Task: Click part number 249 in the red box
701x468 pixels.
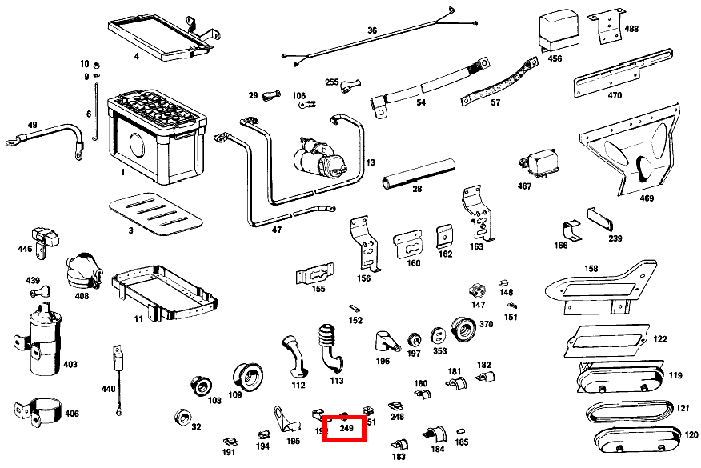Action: pyautogui.click(x=346, y=429)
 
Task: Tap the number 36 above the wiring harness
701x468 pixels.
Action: pyautogui.click(x=371, y=30)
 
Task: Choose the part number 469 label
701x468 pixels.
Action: pyautogui.click(x=647, y=198)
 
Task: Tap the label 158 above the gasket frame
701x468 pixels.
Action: pyautogui.click(x=614, y=269)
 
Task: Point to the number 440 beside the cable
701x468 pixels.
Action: pyautogui.click(x=108, y=389)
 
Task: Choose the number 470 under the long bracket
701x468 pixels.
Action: pyautogui.click(x=615, y=96)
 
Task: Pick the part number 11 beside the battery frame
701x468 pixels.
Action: pyautogui.click(x=138, y=318)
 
